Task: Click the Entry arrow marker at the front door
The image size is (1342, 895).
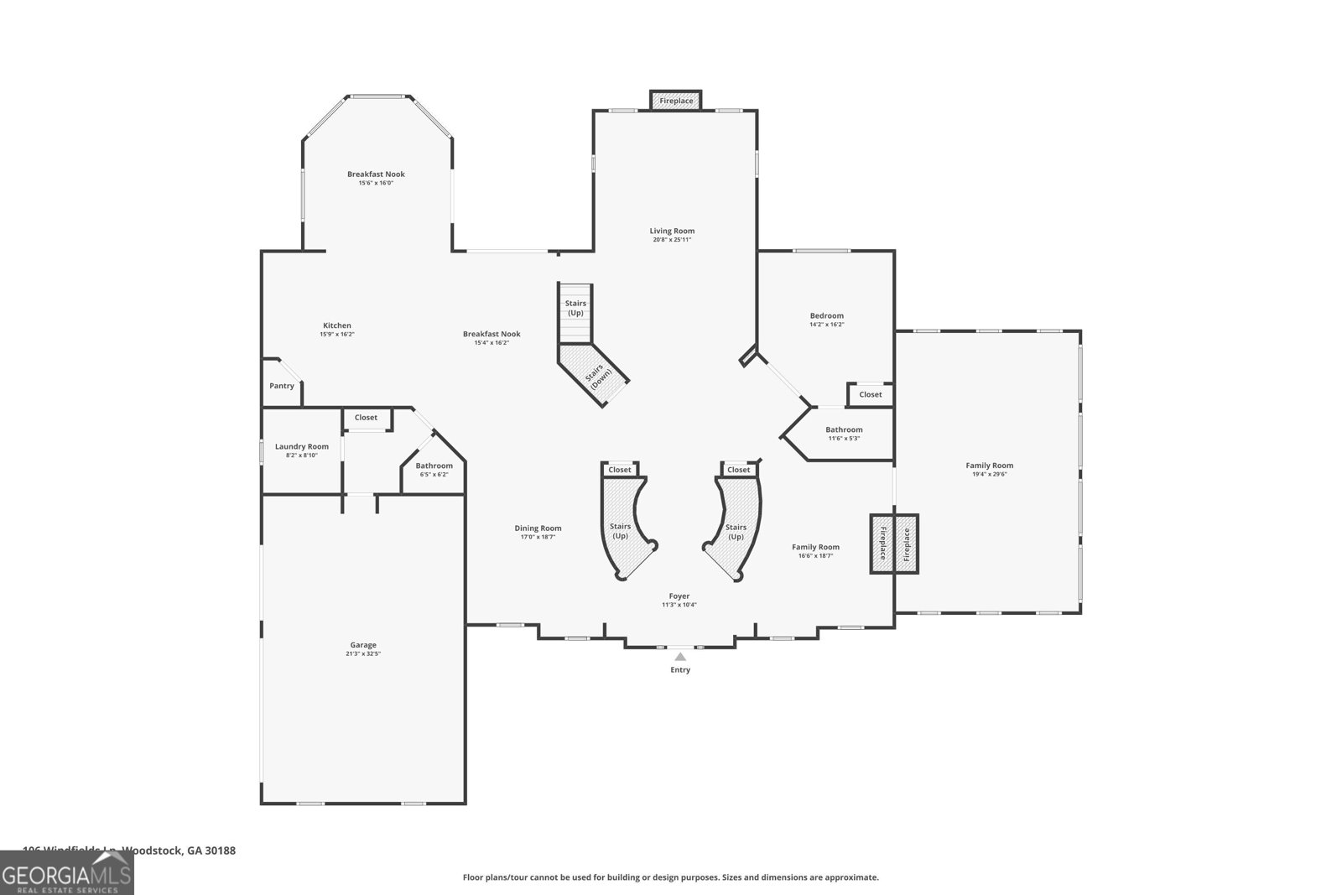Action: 680,657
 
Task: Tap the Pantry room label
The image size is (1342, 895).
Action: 282,386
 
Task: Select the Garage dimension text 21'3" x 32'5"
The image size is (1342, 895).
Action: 363,654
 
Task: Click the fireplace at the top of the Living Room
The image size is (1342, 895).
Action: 676,101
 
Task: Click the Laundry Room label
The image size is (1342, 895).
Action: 302,446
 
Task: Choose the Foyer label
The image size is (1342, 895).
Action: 679,596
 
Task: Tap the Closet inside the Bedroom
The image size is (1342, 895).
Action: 871,394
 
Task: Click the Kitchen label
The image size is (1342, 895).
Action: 337,325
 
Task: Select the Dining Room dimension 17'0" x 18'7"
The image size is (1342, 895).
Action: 538,537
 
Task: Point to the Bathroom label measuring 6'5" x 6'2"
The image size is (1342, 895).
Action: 434,475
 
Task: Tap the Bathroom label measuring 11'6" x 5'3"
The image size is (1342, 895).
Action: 844,438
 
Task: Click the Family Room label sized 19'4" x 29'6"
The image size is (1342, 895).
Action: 990,466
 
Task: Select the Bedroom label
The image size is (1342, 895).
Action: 826,316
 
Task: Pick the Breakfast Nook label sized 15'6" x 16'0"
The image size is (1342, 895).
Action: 376,174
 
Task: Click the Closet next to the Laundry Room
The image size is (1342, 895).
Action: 366,417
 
